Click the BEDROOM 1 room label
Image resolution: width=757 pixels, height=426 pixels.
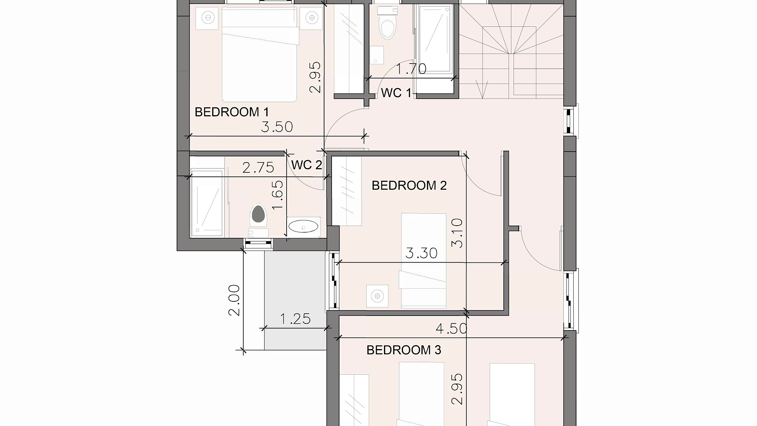(x=232, y=112)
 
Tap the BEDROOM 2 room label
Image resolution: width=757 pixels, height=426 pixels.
(x=409, y=185)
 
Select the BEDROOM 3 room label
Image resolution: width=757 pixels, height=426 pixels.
(x=404, y=350)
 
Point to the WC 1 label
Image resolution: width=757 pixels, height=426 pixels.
(x=396, y=93)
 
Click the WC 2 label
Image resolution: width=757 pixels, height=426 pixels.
(x=307, y=165)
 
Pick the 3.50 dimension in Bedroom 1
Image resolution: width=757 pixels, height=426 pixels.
(x=277, y=127)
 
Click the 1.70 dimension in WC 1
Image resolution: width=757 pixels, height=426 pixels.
(x=411, y=69)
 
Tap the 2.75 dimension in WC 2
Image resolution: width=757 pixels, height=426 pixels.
(x=258, y=168)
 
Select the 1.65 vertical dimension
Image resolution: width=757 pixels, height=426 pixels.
(x=278, y=195)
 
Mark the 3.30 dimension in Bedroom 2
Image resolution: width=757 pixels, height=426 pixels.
(x=421, y=253)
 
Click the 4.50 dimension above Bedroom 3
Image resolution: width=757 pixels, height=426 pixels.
(x=451, y=329)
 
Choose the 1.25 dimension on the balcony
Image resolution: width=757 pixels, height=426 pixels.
(x=295, y=319)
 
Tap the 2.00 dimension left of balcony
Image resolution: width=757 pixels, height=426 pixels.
(x=234, y=300)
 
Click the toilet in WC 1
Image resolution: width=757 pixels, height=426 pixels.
(x=387, y=23)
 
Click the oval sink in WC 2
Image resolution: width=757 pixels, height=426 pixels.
(x=303, y=227)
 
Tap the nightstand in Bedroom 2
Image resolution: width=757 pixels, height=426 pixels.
(x=377, y=296)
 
